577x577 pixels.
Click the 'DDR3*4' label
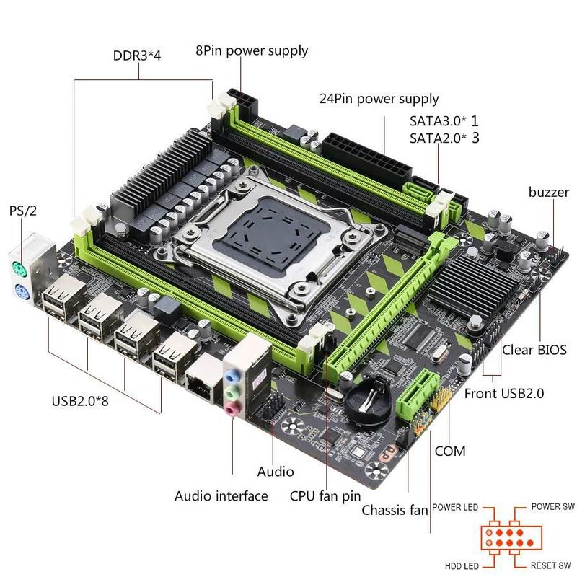[x=136, y=56]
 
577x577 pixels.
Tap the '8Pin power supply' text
[x=252, y=50]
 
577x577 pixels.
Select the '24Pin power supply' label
[x=379, y=98]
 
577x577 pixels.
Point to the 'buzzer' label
[x=548, y=192]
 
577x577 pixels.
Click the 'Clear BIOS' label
[x=534, y=351]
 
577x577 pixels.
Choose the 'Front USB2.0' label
[x=504, y=393]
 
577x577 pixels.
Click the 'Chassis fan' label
[x=395, y=511]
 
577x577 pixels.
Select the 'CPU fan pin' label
[x=325, y=495]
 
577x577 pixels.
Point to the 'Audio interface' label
[x=221, y=495]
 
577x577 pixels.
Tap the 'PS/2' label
[x=22, y=211]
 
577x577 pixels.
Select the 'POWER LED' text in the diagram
[x=456, y=507]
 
